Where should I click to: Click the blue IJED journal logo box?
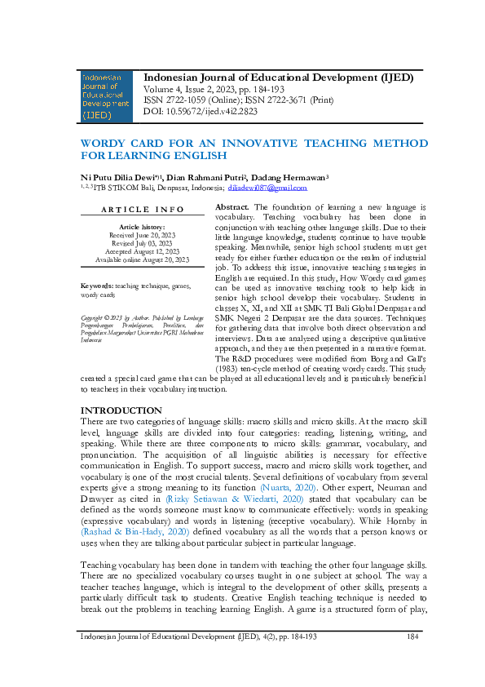(x=105, y=95)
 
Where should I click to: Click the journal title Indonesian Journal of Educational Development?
(x=278, y=78)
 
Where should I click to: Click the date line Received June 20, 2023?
(x=142, y=235)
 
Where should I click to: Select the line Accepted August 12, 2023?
(x=142, y=251)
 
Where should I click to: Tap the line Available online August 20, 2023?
(x=142, y=259)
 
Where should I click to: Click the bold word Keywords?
(x=97, y=286)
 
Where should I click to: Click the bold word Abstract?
(x=231, y=208)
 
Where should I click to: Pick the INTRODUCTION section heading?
(x=121, y=410)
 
